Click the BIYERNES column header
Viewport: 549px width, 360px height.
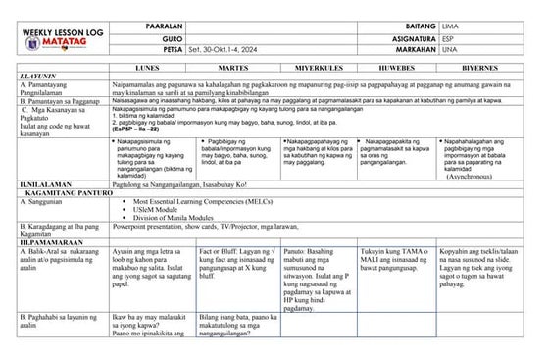(x=493, y=72)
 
